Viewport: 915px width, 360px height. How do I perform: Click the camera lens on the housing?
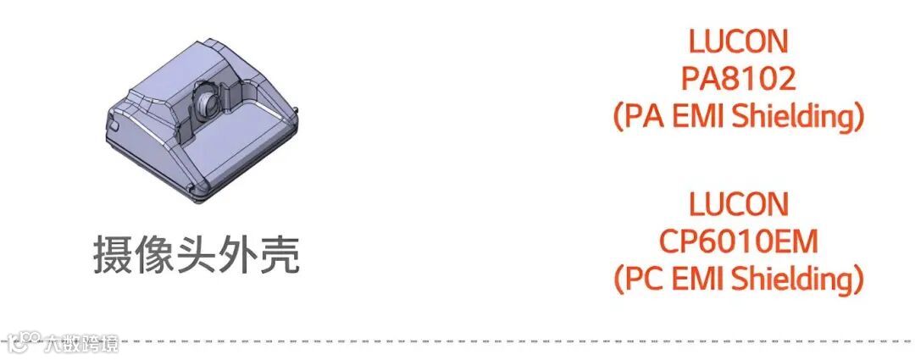pyautogui.click(x=206, y=101)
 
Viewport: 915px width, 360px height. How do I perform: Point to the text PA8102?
pyautogui.click(x=738, y=79)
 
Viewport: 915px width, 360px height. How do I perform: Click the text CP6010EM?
pyautogui.click(x=738, y=241)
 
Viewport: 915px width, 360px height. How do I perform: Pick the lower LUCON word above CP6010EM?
pyautogui.click(x=738, y=204)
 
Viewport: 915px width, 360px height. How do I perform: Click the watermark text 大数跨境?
pyautogui.click(x=82, y=342)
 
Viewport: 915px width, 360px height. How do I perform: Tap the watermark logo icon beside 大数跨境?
pyautogui.click(x=24, y=342)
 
